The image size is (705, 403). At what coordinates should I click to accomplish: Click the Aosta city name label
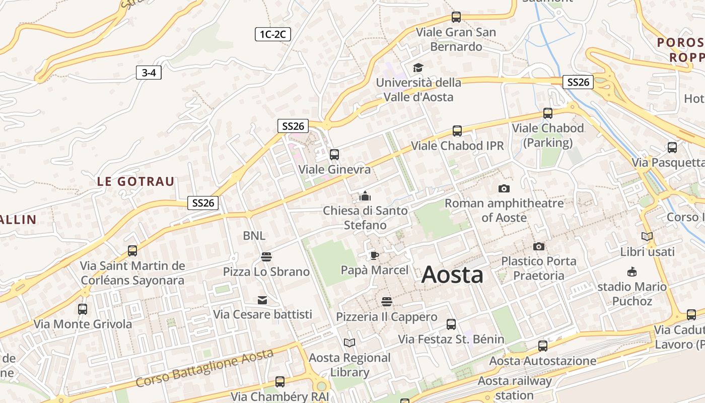(x=452, y=275)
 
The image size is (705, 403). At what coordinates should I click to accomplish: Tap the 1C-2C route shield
(x=272, y=34)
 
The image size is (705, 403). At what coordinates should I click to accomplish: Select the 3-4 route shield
(x=149, y=73)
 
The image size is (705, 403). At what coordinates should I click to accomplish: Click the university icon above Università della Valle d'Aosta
(x=418, y=68)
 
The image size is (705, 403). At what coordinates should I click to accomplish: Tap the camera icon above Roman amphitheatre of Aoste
(x=504, y=188)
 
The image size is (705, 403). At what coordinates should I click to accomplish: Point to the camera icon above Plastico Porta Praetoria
(x=539, y=246)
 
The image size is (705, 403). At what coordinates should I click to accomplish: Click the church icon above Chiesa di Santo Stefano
(x=365, y=196)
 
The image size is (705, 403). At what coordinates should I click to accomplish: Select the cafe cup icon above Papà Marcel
(x=374, y=255)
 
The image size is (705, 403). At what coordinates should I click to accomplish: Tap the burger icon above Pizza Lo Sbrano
(x=266, y=257)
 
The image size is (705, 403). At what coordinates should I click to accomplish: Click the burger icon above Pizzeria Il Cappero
(x=387, y=302)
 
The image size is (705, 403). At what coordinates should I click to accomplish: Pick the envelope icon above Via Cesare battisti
(x=262, y=300)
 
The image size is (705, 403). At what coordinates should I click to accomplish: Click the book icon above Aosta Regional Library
(x=349, y=343)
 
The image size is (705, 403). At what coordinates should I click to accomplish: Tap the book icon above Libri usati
(x=647, y=236)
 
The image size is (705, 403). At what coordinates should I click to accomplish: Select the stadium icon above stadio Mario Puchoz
(x=632, y=272)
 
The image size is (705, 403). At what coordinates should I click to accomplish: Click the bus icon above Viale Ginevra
(x=334, y=155)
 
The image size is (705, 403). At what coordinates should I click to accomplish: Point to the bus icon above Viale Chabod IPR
(x=457, y=131)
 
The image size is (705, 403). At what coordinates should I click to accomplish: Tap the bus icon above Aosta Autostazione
(x=542, y=346)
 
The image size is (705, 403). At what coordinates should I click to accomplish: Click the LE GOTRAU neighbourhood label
(x=135, y=182)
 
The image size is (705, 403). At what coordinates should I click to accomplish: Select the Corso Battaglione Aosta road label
(x=204, y=368)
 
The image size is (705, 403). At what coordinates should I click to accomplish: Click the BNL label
(x=254, y=236)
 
